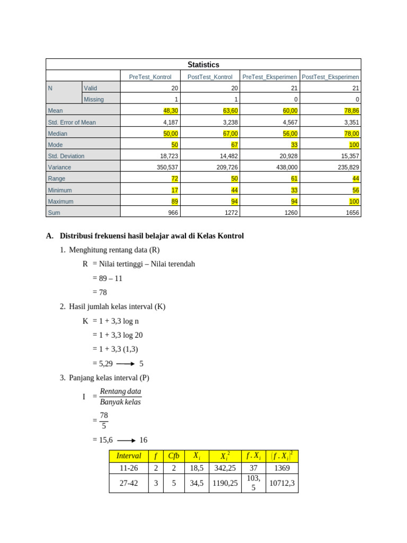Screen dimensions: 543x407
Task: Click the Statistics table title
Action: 203,65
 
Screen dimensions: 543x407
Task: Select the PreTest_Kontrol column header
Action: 150,77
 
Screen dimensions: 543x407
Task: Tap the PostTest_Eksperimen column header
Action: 330,77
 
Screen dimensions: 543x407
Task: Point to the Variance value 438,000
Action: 286,167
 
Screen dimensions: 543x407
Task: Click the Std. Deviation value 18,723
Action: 169,156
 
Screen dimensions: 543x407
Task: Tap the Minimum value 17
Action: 174,190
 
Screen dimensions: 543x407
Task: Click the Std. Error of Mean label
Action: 72,122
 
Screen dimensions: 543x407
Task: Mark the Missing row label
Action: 94,99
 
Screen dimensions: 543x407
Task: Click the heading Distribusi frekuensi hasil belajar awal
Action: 152,236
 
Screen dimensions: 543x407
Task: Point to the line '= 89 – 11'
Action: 107,278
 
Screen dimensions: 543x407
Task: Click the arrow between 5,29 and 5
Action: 126,364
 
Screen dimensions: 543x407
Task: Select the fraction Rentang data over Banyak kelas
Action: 120,397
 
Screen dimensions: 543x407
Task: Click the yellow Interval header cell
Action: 129,456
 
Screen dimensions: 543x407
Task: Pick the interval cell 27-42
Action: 129,483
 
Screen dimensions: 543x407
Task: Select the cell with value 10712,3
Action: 282,483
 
